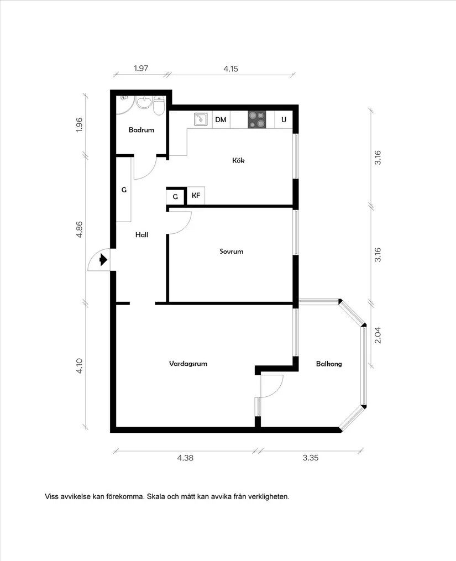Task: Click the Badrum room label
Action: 141,130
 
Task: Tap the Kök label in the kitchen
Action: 238,160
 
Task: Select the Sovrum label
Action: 232,251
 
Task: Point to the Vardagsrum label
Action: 188,364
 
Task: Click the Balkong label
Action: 329,364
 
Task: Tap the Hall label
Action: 141,235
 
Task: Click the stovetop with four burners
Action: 257,119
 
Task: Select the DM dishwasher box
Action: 221,119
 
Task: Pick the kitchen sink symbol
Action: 201,119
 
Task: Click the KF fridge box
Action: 196,196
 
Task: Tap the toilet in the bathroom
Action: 159,105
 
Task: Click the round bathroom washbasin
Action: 144,103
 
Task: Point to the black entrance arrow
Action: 103,259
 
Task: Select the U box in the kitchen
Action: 284,119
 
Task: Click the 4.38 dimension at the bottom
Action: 185,458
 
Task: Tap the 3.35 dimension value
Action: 310,458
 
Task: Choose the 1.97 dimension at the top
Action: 141,69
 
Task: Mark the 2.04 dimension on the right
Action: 378,335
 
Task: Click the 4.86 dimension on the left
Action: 79,229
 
